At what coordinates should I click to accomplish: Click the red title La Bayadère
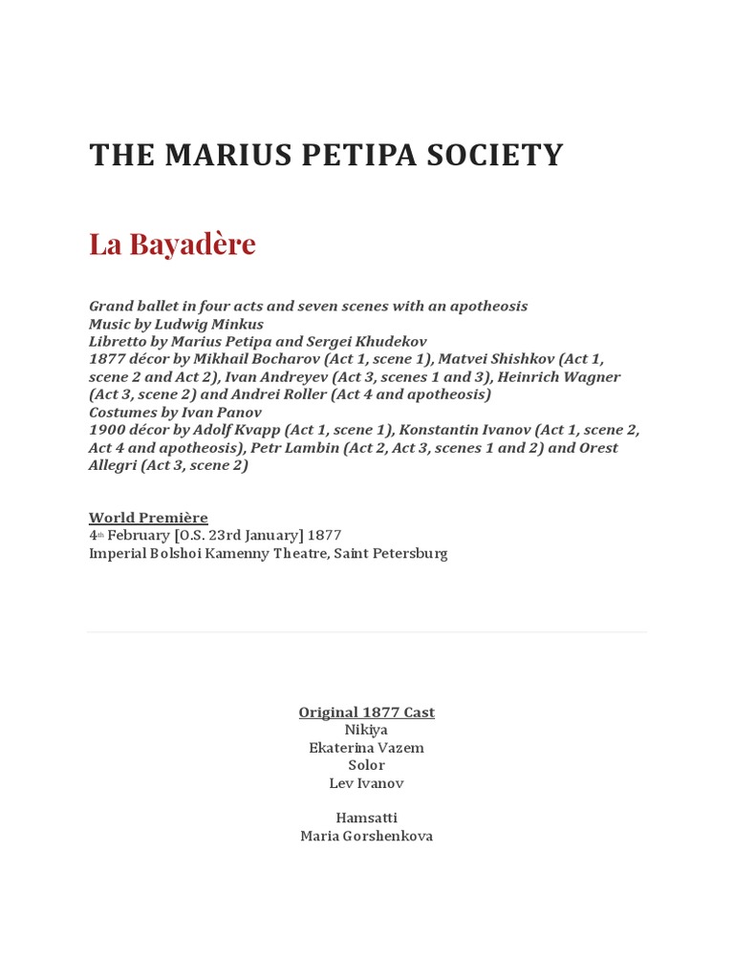click(x=172, y=244)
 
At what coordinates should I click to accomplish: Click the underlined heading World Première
click(x=148, y=518)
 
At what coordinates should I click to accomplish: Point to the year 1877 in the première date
click(x=324, y=536)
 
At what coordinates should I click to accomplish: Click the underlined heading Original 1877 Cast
click(x=366, y=712)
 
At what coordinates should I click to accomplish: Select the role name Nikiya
click(x=366, y=730)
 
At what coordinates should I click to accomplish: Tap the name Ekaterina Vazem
click(x=366, y=748)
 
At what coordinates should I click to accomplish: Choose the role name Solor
click(x=366, y=765)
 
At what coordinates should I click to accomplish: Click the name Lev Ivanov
click(x=366, y=783)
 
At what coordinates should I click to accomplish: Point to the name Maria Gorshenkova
click(x=366, y=836)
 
